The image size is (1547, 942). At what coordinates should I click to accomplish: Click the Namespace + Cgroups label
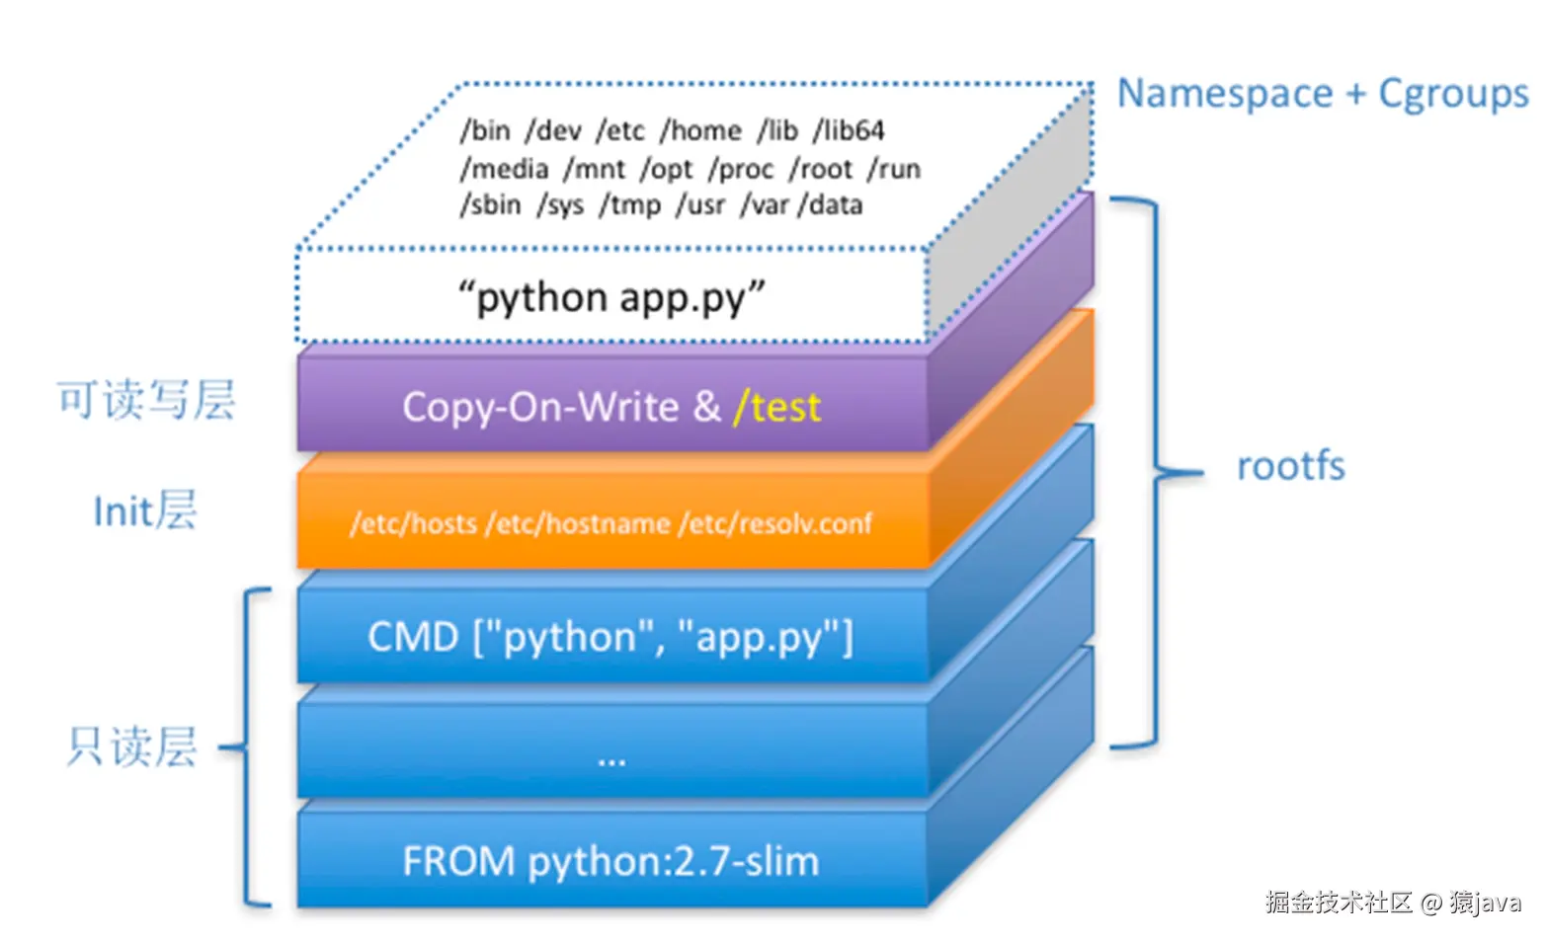point(1322,94)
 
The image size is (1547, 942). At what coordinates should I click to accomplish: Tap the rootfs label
point(1290,466)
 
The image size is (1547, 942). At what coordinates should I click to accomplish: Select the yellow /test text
point(776,407)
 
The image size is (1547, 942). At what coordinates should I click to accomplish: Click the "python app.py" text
point(611,297)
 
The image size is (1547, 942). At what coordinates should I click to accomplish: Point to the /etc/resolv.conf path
point(775,523)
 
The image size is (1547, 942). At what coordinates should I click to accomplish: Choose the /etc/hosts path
point(414,523)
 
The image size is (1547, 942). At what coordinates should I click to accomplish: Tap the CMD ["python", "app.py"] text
point(611,638)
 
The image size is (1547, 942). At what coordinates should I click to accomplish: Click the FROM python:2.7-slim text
point(611,861)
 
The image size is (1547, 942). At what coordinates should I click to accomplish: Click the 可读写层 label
point(146,401)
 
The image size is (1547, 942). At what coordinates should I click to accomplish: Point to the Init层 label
point(145,511)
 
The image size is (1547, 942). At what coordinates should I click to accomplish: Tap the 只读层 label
point(132,747)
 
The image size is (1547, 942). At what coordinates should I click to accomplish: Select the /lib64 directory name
point(849,130)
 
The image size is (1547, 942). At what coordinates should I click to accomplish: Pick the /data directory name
point(831,205)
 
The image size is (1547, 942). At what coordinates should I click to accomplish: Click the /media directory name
point(504,169)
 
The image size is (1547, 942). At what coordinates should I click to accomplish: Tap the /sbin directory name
point(490,205)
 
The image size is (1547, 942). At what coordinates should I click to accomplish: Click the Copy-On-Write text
point(540,407)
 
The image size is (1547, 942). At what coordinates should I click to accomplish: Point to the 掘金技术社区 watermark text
point(1339,902)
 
